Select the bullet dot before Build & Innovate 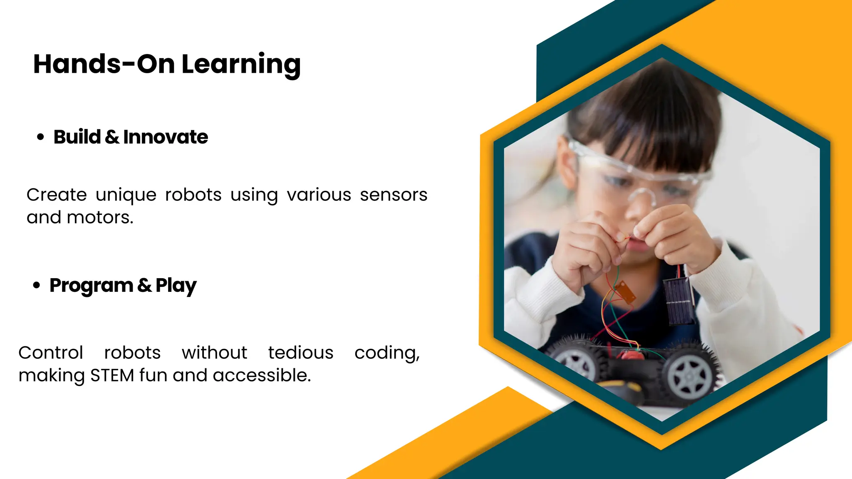click(40, 137)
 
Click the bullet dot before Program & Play click(37, 285)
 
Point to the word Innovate click(166, 137)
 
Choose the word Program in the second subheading click(92, 286)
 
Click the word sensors click(394, 195)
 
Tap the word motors click(100, 217)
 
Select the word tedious click(301, 353)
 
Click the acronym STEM click(112, 375)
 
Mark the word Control click(51, 353)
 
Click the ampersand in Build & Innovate click(112, 137)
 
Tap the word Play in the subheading click(176, 286)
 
